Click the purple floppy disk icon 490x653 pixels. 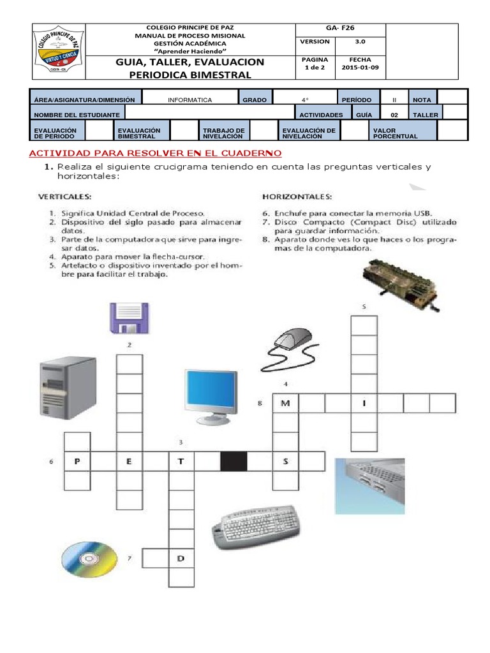click(130, 317)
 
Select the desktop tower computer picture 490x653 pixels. click(68, 388)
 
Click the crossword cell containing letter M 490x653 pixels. click(285, 403)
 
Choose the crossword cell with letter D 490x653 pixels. click(181, 559)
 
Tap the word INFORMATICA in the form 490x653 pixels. click(189, 100)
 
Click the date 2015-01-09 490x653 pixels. click(360, 67)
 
